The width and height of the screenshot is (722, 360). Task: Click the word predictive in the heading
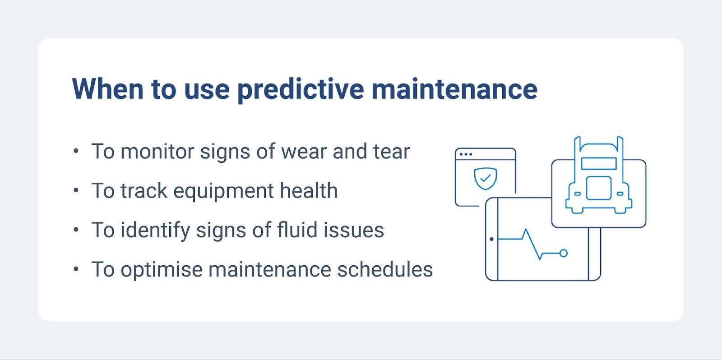pos(300,89)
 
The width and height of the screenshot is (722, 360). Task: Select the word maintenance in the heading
pos(454,89)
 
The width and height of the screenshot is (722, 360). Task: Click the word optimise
pos(161,270)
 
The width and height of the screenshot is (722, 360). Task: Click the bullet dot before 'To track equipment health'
pos(76,191)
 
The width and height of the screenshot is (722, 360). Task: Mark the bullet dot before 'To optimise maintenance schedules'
pos(76,269)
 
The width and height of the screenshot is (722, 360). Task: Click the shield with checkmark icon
pos(485,179)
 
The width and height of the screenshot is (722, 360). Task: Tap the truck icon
pos(599,178)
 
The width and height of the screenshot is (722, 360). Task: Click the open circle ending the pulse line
pos(563,253)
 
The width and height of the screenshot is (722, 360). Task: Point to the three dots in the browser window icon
pos(465,154)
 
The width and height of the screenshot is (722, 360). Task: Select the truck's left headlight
pos(577,194)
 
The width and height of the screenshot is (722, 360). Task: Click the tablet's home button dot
pos(491,239)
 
